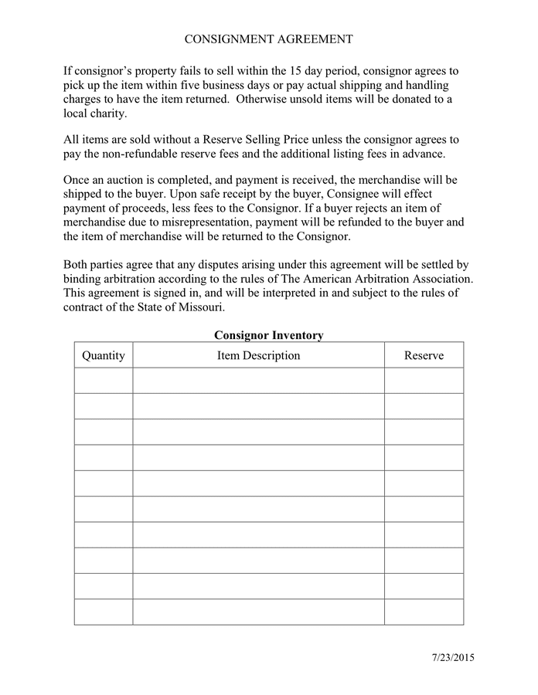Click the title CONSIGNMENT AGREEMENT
(268, 39)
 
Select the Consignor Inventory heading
(268, 335)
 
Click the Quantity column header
(104, 355)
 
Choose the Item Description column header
(258, 355)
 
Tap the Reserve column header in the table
(424, 355)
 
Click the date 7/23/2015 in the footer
(453, 658)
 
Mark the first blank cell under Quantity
(104, 381)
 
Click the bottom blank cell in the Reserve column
(424, 612)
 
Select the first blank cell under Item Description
(258, 381)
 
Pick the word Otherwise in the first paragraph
(264, 99)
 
